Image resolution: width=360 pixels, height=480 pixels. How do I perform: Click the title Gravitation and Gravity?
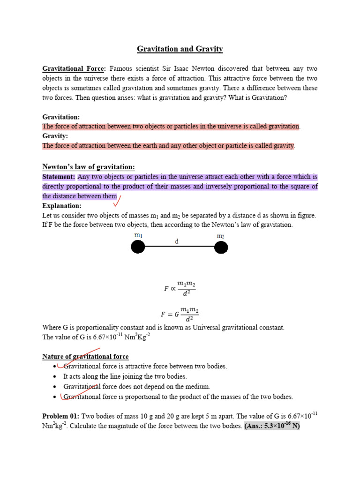tap(180, 49)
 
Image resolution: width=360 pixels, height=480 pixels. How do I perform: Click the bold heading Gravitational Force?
tap(75, 68)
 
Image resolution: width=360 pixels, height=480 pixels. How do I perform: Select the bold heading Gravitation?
tap(61, 117)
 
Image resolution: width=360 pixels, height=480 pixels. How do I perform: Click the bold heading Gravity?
tap(55, 136)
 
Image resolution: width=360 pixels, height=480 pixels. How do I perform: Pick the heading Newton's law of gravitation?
tap(89, 167)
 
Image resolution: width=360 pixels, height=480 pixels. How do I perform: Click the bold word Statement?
tap(59, 177)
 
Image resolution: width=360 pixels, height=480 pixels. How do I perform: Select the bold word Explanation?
tap(62, 206)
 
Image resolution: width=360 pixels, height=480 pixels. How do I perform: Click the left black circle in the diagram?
tap(138, 247)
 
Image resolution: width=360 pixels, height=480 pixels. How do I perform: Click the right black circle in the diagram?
tap(221, 247)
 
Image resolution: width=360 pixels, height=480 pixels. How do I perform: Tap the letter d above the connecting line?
tap(177, 241)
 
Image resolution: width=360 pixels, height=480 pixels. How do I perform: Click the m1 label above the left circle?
tap(138, 235)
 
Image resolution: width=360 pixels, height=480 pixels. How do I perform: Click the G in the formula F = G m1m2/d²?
tap(176, 314)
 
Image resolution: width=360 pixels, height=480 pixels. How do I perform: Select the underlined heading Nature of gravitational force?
tap(85, 357)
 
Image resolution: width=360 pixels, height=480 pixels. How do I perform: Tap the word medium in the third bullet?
tap(198, 387)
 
